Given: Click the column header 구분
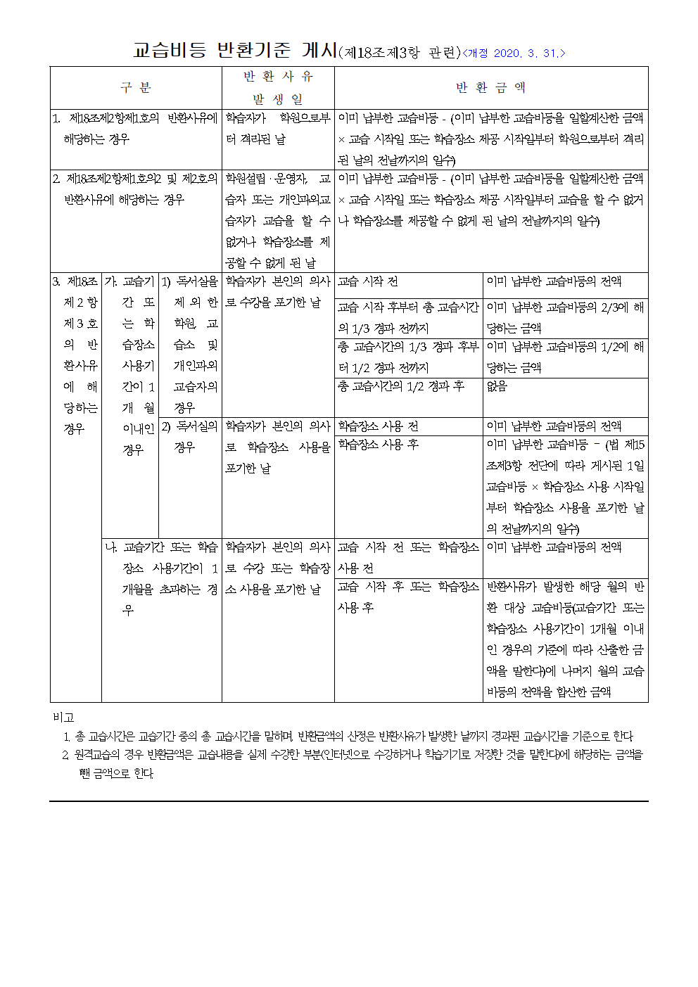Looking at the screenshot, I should click(136, 87).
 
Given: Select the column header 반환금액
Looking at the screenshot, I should click(490, 87).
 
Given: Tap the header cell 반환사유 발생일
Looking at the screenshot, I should click(278, 87).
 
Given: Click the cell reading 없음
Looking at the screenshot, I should click(497, 386).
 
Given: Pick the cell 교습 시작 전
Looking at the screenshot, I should click(368, 281).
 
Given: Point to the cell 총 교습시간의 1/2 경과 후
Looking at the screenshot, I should click(401, 386).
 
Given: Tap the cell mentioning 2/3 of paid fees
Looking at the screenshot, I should click(565, 317).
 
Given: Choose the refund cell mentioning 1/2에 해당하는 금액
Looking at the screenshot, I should click(565, 357).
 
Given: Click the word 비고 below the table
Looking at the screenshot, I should click(63, 717).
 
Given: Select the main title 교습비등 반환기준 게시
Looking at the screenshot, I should click(235, 51).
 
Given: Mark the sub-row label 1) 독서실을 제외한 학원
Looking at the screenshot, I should click(190, 344).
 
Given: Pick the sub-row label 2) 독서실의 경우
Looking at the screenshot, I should click(190, 436).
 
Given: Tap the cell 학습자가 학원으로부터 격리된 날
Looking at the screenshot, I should click(278, 128).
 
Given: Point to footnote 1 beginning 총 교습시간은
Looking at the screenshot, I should click(352, 736).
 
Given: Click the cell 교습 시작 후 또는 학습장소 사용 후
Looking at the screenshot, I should click(408, 597).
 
